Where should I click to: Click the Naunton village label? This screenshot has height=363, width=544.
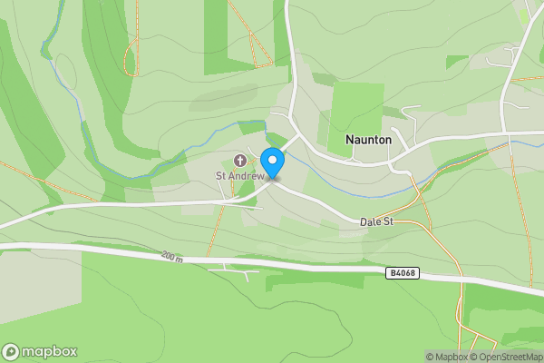click(x=369, y=141)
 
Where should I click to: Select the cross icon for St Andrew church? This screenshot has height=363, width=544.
click(x=240, y=161)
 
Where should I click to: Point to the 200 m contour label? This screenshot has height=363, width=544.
click(x=172, y=258)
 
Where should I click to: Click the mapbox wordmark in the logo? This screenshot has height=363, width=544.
click(x=50, y=352)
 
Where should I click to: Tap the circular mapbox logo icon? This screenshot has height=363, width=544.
click(x=11, y=352)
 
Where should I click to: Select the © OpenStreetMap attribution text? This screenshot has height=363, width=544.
click(x=504, y=357)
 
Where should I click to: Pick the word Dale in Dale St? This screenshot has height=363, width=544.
click(x=369, y=221)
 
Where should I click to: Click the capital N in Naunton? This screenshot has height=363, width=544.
click(x=350, y=141)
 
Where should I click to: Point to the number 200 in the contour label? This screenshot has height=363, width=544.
click(x=169, y=257)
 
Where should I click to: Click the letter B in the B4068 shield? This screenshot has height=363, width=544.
click(x=391, y=272)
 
